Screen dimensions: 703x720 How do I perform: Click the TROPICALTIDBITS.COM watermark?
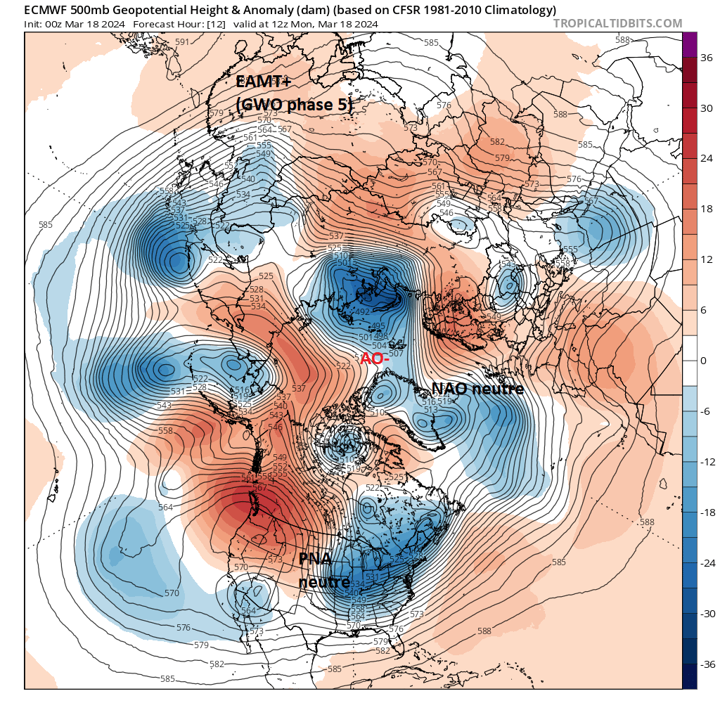tap(617, 23)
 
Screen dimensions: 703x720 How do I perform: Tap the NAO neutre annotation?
tap(477, 389)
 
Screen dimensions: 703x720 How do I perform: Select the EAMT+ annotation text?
tap(264, 82)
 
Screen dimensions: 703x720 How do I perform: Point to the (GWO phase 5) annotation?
tap(293, 103)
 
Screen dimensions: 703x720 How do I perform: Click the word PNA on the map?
tap(315, 560)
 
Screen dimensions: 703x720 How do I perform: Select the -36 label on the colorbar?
tap(703, 664)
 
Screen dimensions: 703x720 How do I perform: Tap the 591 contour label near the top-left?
tap(182, 42)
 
